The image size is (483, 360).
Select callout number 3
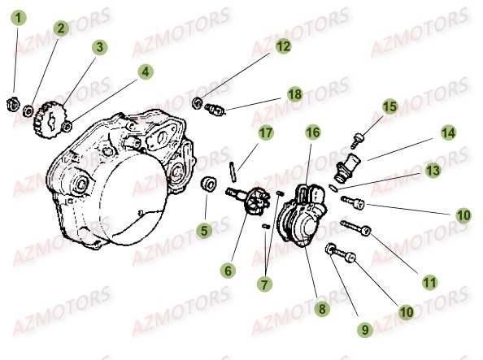point(98,47)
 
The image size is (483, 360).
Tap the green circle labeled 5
point(205,231)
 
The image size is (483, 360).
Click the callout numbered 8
point(322,309)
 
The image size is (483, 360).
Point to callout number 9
point(365,330)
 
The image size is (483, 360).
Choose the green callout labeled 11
point(429,282)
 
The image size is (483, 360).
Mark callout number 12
point(282,47)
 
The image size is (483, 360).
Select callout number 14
point(449,132)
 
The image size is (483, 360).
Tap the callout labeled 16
point(313,131)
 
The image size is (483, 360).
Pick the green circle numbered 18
point(294,95)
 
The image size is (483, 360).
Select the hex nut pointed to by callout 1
point(15,102)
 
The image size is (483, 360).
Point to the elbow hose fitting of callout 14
point(346,167)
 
